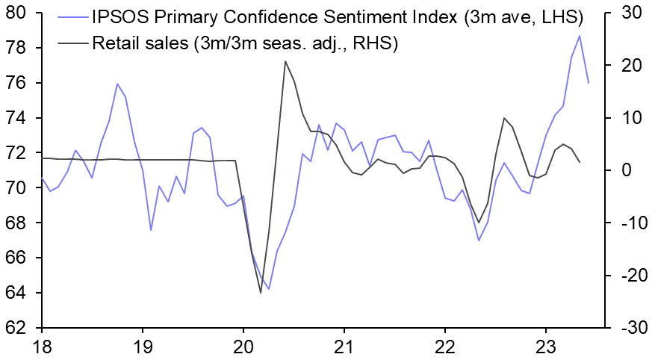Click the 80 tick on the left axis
[16, 13]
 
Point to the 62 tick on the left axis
[16, 328]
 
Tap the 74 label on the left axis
[16, 118]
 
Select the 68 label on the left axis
[16, 223]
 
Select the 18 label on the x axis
[42, 347]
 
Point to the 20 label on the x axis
[243, 347]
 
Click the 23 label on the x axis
[546, 347]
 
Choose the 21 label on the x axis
[344, 347]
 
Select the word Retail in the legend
[114, 43]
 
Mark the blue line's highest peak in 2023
[580, 36]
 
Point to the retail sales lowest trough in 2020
[261, 293]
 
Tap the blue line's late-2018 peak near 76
[117, 84]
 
